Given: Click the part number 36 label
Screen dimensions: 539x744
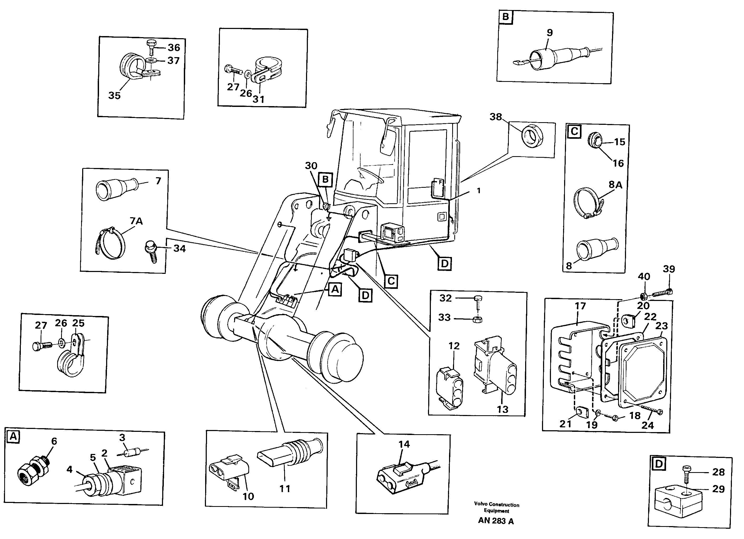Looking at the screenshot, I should pyautogui.click(x=174, y=48).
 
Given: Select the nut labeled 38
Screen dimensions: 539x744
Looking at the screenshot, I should pyautogui.click(x=532, y=137).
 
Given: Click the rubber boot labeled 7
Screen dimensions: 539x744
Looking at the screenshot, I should pyautogui.click(x=115, y=189).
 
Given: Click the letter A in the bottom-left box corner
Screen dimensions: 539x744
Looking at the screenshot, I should pyautogui.click(x=13, y=436).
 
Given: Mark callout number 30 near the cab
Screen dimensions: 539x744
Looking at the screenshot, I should pyautogui.click(x=311, y=166).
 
